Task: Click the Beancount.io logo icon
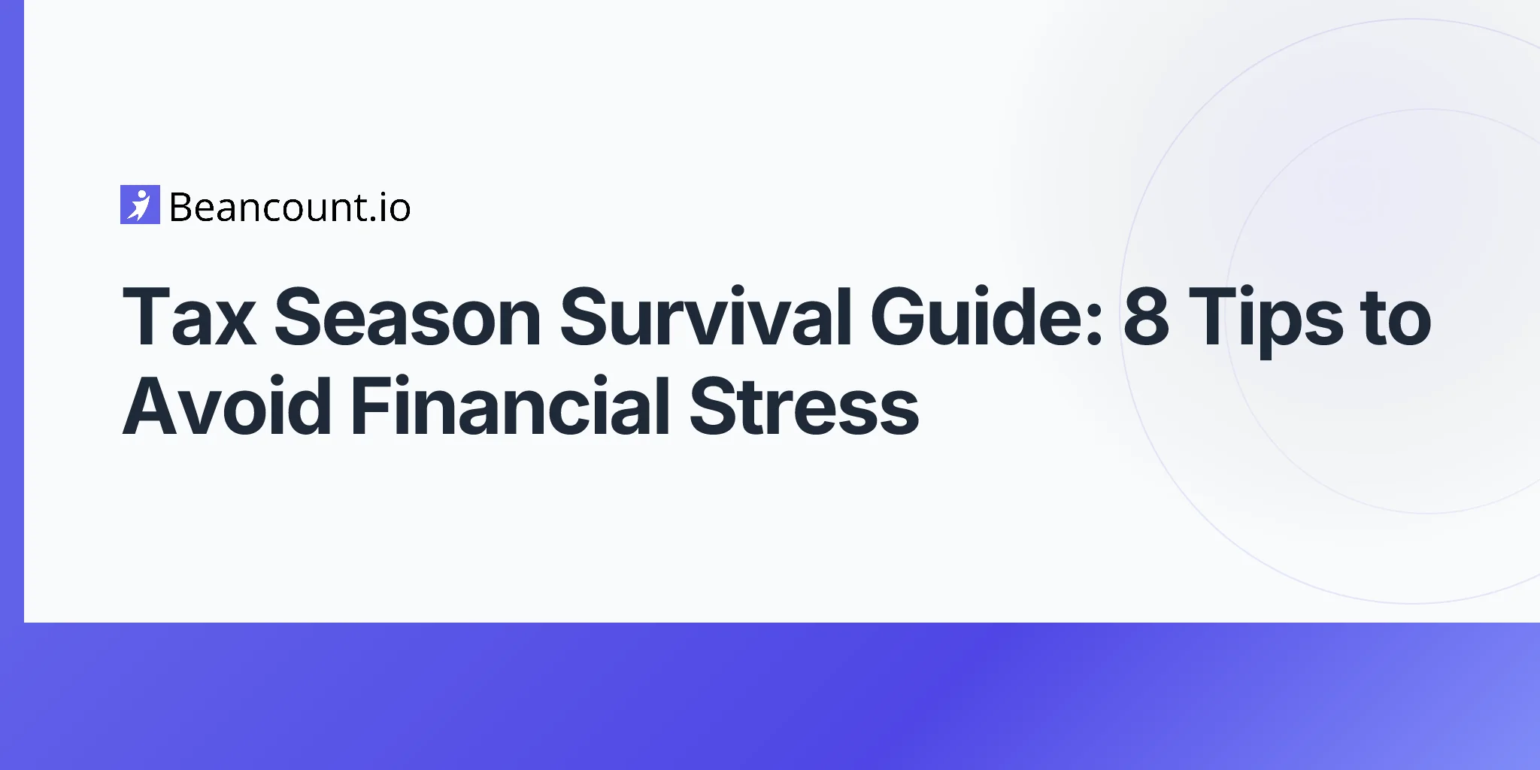(140, 205)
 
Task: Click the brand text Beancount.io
(290, 208)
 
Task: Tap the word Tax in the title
(189, 318)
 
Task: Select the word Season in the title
(407, 318)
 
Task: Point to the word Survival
(705, 318)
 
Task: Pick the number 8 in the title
(1146, 318)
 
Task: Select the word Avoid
(226, 407)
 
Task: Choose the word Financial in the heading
(510, 407)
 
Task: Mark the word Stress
(804, 407)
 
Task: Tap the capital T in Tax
(148, 318)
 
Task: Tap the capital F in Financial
(371, 407)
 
